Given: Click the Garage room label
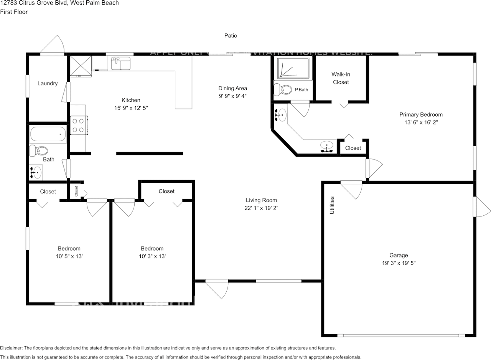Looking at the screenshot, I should tap(399, 255).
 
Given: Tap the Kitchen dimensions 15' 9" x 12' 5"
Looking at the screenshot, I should tap(131, 108).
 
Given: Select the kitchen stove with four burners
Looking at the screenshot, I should tap(79, 125).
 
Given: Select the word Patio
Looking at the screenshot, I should tap(231, 36).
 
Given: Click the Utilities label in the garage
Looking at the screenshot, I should tap(332, 205).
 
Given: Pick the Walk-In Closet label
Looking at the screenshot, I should tap(341, 78).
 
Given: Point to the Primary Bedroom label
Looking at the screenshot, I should tap(421, 114).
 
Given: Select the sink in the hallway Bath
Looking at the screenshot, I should tap(36, 172).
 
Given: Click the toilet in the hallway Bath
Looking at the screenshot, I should tap(39, 150).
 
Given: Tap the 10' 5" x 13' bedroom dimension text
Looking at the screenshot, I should tap(69, 256).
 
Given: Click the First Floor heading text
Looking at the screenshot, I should tap(14, 12).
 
